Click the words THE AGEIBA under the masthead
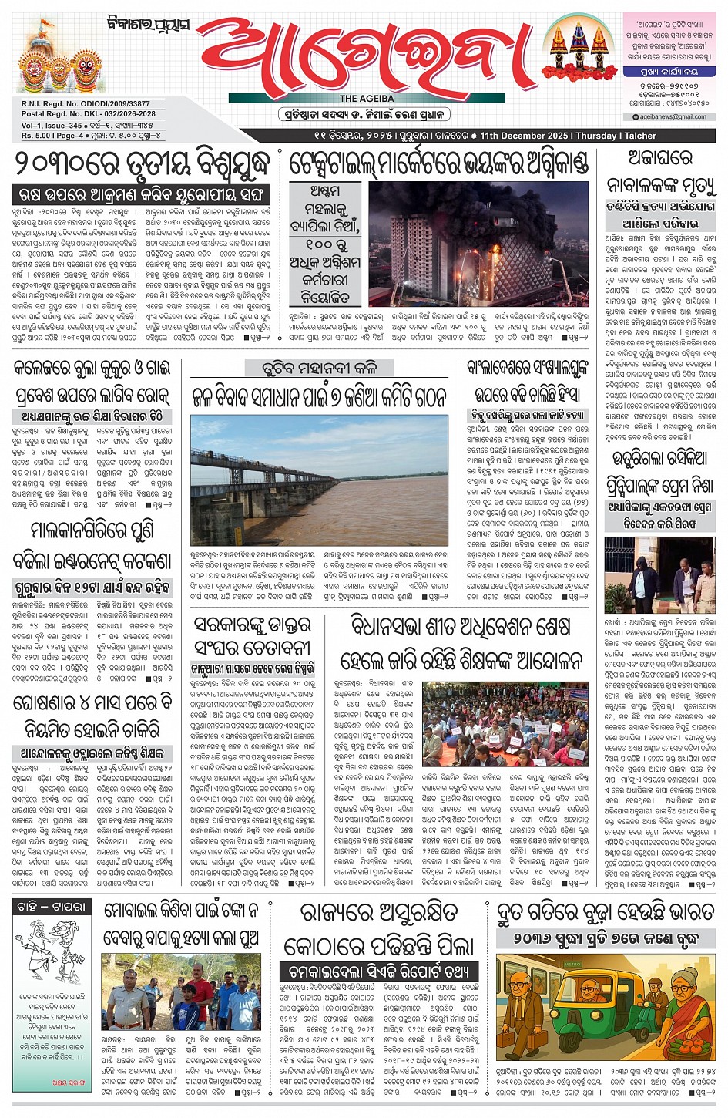point(367,99)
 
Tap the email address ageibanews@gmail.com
point(668,117)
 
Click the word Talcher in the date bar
point(640,136)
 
